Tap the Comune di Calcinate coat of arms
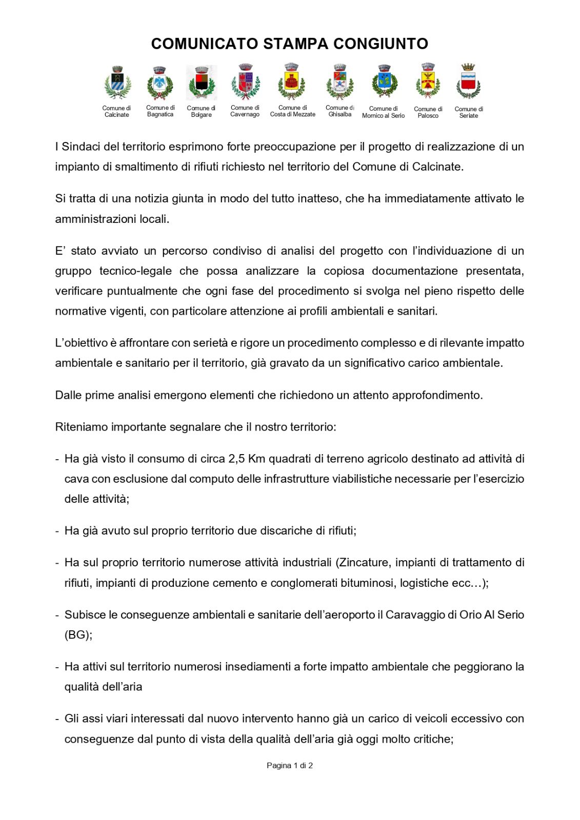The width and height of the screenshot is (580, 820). click(x=117, y=84)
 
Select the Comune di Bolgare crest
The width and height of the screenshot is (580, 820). click(x=202, y=83)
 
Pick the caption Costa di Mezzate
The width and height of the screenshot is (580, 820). click(x=293, y=115)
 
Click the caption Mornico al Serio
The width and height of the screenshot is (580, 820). click(x=383, y=116)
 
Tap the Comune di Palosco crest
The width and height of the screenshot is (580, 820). click(x=428, y=81)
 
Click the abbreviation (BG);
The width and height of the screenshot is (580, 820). click(x=78, y=635)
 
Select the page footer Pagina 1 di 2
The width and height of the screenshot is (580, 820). click(x=290, y=766)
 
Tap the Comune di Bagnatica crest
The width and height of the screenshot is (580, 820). click(x=160, y=83)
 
